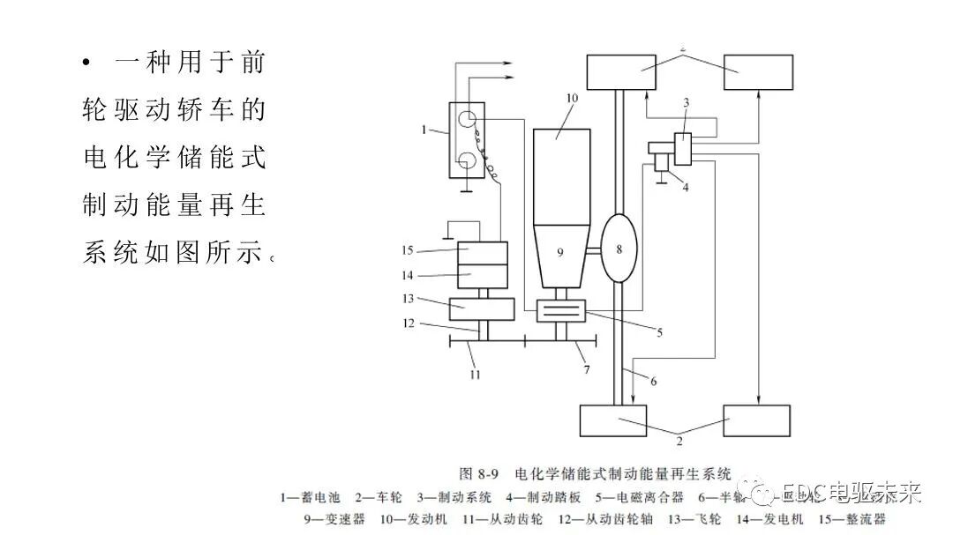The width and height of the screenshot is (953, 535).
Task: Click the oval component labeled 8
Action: tap(619, 249)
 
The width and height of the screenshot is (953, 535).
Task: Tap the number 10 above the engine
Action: tap(571, 99)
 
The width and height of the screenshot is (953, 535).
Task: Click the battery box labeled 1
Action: tap(467, 140)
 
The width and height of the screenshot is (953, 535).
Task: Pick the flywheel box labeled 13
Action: tap(482, 308)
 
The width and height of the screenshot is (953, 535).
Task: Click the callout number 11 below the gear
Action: tap(474, 374)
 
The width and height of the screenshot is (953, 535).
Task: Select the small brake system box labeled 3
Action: tap(686, 147)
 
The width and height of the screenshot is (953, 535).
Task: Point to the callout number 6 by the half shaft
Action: tap(654, 381)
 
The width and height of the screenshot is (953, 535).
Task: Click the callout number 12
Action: tap(409, 323)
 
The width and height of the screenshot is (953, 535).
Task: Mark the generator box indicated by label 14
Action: tap(482, 276)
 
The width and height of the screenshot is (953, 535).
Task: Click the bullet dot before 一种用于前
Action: tap(86, 63)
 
